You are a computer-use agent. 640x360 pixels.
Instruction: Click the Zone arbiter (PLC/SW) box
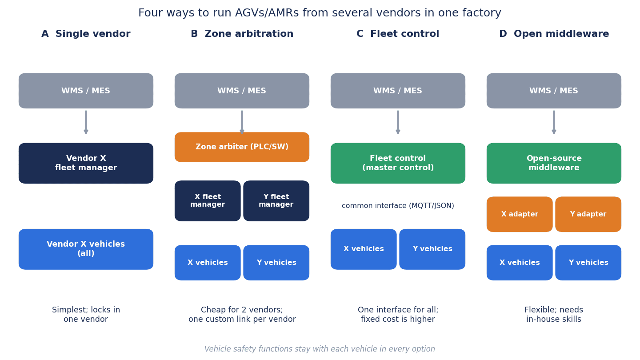[242, 147]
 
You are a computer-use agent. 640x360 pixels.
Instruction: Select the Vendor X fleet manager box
[86, 163]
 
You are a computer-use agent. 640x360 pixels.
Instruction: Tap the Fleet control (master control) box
[398, 163]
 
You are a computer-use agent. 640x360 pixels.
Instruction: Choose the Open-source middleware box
[554, 163]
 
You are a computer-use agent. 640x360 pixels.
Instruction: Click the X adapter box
[520, 214]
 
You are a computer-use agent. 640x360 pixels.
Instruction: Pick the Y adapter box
[588, 214]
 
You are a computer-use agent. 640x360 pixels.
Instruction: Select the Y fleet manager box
[276, 201]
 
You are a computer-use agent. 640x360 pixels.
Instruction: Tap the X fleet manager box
[208, 201]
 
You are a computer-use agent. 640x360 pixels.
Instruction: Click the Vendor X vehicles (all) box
[86, 249]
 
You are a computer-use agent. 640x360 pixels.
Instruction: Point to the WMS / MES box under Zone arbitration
[242, 91]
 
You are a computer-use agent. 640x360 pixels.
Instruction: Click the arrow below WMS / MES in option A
[86, 122]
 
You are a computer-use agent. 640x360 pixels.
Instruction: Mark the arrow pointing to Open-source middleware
[554, 122]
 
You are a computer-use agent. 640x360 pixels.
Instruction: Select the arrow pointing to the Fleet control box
[398, 122]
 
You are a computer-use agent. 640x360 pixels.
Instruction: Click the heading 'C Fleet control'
[398, 34]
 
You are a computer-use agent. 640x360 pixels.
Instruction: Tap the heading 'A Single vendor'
[86, 34]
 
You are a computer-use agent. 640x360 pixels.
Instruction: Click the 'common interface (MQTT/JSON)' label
[398, 206]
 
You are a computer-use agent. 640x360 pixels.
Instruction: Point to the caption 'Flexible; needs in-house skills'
[554, 314]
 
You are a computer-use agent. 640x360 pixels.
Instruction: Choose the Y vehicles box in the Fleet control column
[432, 249]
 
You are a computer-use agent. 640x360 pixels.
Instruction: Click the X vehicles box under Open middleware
[520, 263]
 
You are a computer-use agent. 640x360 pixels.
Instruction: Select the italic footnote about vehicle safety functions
[320, 349]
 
